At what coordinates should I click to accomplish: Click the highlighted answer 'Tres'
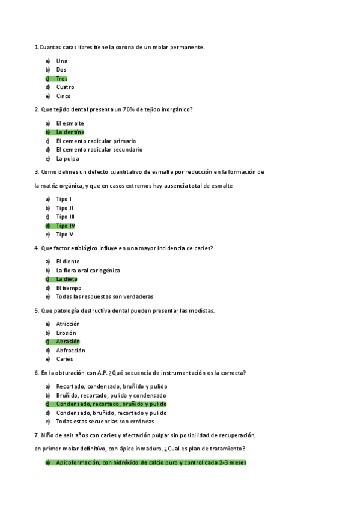pyautogui.click(x=62, y=79)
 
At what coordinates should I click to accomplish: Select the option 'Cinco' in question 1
pyautogui.click(x=64, y=96)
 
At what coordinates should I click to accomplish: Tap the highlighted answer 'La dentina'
pyautogui.click(x=70, y=132)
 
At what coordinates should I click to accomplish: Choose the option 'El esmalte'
pyautogui.click(x=70, y=123)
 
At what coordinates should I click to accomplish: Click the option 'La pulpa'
pyautogui.click(x=67, y=159)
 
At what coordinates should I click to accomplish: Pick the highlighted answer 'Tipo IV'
pyautogui.click(x=66, y=226)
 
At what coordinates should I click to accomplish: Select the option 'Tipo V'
pyautogui.click(x=65, y=235)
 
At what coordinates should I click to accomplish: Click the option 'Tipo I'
pyautogui.click(x=64, y=199)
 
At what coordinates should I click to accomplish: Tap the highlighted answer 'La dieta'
pyautogui.click(x=67, y=279)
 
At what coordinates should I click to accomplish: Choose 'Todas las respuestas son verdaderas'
pyautogui.click(x=105, y=297)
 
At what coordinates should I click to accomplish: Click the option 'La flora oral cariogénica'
pyautogui.click(x=88, y=271)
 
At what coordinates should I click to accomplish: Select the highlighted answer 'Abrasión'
pyautogui.click(x=68, y=342)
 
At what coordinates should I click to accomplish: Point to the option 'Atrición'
pyautogui.click(x=68, y=324)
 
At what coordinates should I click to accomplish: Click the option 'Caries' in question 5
pyautogui.click(x=64, y=360)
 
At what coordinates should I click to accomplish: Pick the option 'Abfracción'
pyautogui.click(x=71, y=351)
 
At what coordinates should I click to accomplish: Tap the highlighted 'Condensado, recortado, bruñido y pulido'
pyautogui.click(x=111, y=404)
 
